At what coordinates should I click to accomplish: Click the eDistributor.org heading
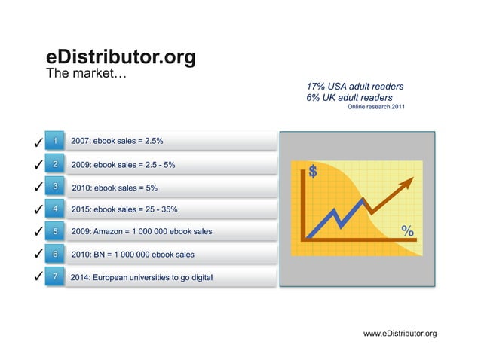tap(121, 56)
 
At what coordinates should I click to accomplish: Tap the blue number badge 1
tap(54, 141)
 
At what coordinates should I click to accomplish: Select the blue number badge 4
tap(54, 208)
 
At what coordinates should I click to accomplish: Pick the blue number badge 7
tap(54, 276)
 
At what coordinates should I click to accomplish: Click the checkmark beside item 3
tap(36, 187)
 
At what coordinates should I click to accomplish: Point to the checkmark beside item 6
tap(36, 255)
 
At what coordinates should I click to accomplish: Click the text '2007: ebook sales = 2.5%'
tap(116, 141)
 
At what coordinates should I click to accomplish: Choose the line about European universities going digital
tap(141, 277)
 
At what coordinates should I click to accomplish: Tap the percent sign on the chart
tap(407, 230)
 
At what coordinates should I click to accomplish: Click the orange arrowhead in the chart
tap(407, 182)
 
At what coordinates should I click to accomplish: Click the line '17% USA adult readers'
tap(354, 86)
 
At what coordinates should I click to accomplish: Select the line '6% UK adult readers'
tap(349, 98)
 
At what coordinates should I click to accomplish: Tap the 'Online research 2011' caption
tap(375, 108)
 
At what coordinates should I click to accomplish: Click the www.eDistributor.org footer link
tap(400, 333)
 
